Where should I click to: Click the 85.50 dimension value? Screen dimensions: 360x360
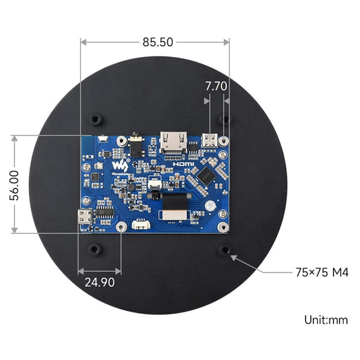point(158,42)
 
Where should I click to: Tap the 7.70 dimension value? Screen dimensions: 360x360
point(215,86)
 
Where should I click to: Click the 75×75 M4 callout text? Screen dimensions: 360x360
point(322,272)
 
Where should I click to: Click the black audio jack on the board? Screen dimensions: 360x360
point(136,145)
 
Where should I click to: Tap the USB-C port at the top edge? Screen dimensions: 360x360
point(211,140)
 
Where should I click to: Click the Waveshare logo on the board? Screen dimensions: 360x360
point(121,163)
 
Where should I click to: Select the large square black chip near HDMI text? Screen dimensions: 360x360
point(207,175)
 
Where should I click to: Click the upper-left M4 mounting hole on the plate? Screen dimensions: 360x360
point(94,119)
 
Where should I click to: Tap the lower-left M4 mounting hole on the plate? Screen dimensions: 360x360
point(94,248)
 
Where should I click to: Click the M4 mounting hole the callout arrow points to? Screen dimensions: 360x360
point(224,249)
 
